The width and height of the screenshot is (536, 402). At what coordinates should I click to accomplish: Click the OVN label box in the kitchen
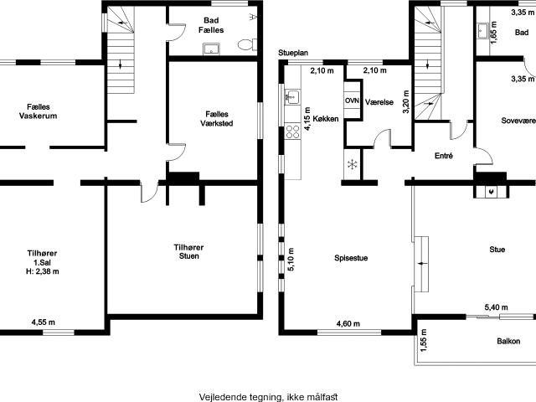pyautogui.click(x=352, y=100)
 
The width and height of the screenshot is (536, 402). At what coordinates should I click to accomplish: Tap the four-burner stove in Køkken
pyautogui.click(x=292, y=131)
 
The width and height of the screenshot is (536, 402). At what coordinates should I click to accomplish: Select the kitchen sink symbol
pyautogui.click(x=292, y=97)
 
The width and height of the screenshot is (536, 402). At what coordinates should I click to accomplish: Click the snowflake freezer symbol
pyautogui.click(x=352, y=165)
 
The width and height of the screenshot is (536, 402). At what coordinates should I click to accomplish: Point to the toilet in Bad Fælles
pyautogui.click(x=247, y=44)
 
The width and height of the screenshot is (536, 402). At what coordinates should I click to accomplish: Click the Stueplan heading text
pyautogui.click(x=293, y=53)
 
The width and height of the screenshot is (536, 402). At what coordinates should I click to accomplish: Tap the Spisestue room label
pyautogui.click(x=351, y=258)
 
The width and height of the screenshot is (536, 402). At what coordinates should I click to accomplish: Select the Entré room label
pyautogui.click(x=444, y=156)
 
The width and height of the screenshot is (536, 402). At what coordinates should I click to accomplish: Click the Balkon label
pyautogui.click(x=508, y=341)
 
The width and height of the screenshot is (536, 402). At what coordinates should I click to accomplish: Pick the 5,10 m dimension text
pyautogui.click(x=291, y=260)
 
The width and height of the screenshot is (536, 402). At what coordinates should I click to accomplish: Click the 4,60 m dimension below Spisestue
pyautogui.click(x=348, y=323)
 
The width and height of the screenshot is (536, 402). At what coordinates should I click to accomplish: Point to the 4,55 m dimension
pyautogui.click(x=43, y=322)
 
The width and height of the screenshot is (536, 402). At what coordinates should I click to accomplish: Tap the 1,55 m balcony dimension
pyautogui.click(x=424, y=340)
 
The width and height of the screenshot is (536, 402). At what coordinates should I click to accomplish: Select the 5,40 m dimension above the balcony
pyautogui.click(x=496, y=307)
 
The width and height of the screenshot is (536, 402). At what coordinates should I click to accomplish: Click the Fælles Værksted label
pyautogui.click(x=217, y=119)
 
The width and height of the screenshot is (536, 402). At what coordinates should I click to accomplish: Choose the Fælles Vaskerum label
pyautogui.click(x=38, y=111)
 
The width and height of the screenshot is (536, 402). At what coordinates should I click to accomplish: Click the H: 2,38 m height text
pyautogui.click(x=43, y=271)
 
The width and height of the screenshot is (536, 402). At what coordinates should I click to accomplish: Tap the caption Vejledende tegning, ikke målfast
pyautogui.click(x=268, y=397)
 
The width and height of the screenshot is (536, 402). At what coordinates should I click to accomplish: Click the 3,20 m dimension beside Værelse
pyautogui.click(x=405, y=102)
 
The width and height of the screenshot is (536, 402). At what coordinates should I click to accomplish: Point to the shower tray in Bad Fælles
pyautogui.click(x=211, y=49)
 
